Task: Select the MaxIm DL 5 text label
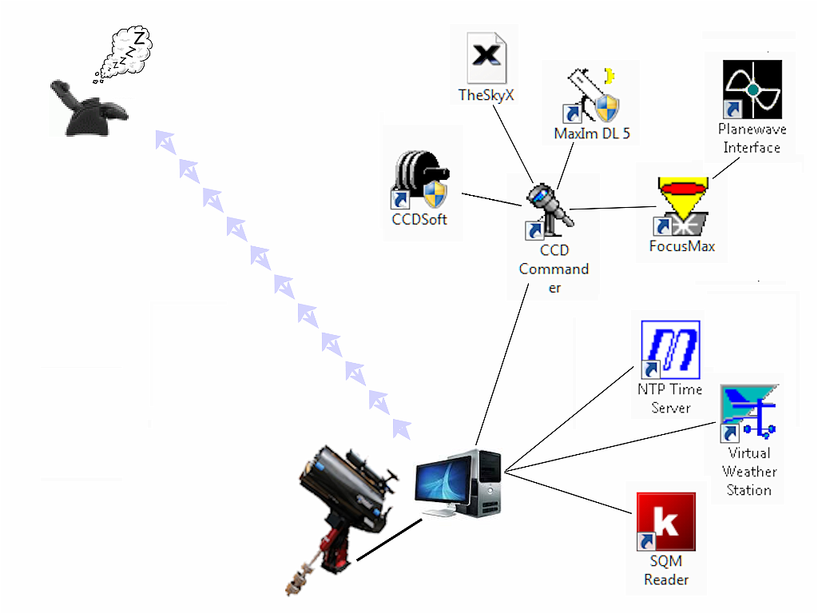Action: [592, 134]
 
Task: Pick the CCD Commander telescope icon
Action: [548, 211]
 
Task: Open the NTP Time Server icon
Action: [671, 349]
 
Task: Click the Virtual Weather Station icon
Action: [749, 412]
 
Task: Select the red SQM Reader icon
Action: [665, 522]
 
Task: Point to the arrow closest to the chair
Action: [165, 142]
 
